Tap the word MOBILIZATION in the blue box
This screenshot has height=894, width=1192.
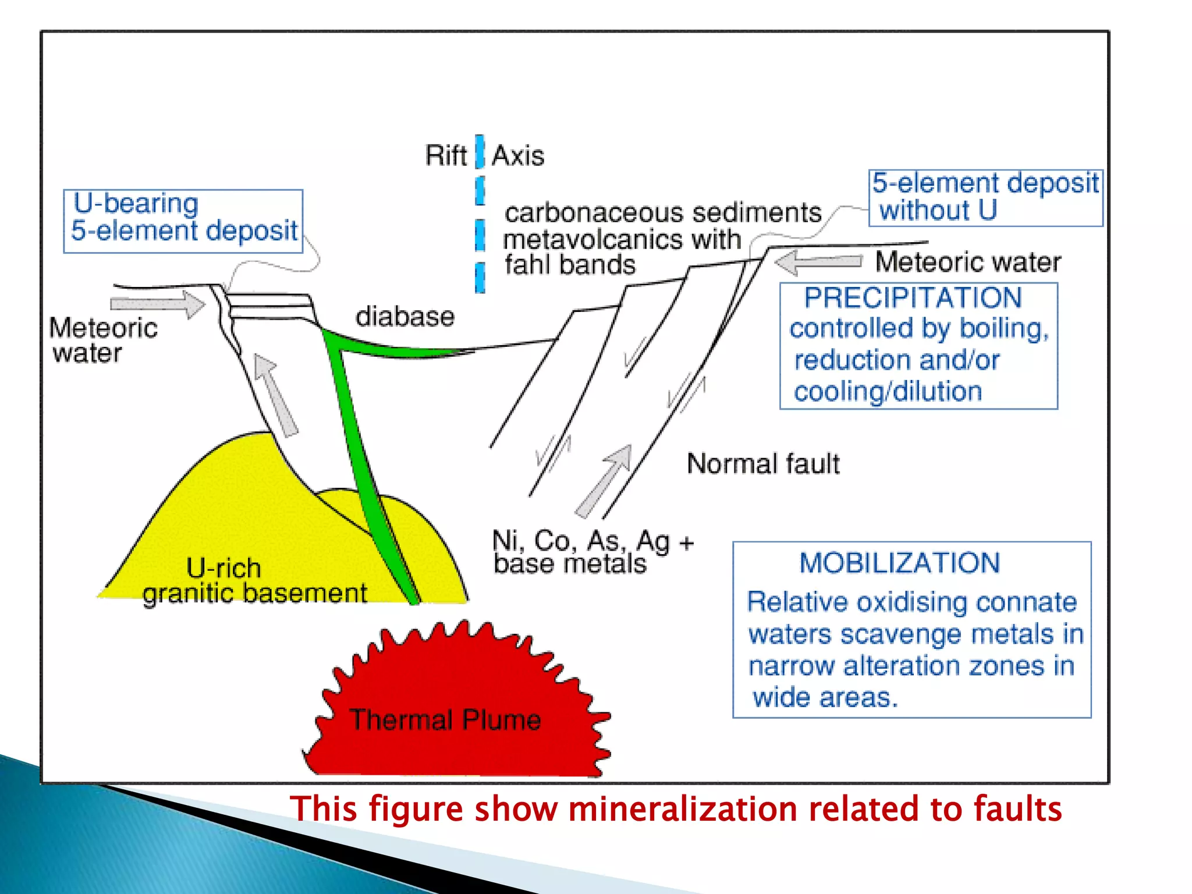pyautogui.click(x=899, y=563)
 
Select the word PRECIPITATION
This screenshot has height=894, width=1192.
pyautogui.click(x=912, y=298)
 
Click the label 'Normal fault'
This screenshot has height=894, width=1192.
pyautogui.click(x=762, y=464)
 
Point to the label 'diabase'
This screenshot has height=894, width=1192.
pyautogui.click(x=405, y=317)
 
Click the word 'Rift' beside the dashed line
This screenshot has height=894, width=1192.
pyautogui.click(x=445, y=155)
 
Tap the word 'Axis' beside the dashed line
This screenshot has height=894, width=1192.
pyautogui.click(x=518, y=156)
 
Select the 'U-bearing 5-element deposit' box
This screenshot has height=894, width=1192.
pyautogui.click(x=183, y=221)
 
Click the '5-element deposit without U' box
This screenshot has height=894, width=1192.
pyautogui.click(x=985, y=198)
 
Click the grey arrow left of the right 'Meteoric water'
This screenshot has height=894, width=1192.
pyautogui.click(x=818, y=262)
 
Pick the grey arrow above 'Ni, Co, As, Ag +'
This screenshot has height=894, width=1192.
pyautogui.click(x=605, y=480)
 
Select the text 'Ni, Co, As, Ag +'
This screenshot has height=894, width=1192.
pyautogui.click(x=593, y=541)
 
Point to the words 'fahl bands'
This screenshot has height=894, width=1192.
pyautogui.click(x=569, y=265)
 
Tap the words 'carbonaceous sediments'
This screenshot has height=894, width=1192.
pyautogui.click(x=662, y=213)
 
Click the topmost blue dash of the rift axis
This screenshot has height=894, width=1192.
pyautogui.click(x=480, y=151)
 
